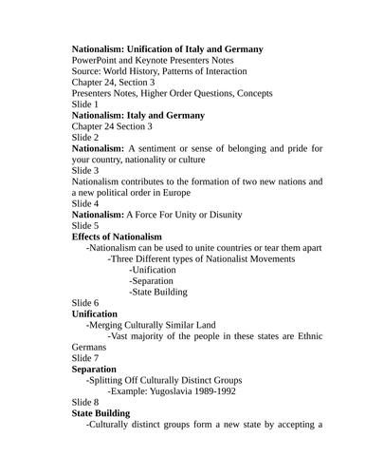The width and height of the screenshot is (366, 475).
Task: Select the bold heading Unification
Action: click(95, 313)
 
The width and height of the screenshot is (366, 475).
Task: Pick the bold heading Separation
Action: click(94, 369)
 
